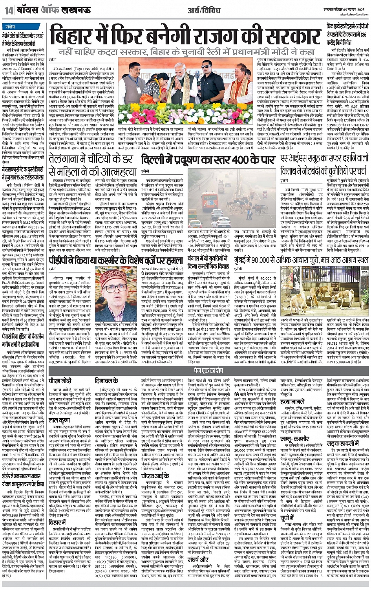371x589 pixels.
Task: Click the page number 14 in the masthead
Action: (x=9, y=11)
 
